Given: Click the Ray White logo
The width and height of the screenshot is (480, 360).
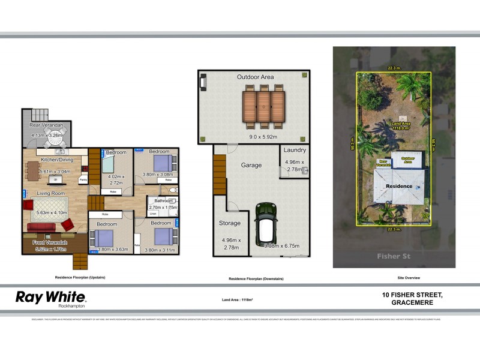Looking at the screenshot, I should point(51,298).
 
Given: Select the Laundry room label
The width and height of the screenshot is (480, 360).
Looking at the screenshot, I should point(295,150).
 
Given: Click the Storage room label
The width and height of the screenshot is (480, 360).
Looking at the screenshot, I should point(229,223).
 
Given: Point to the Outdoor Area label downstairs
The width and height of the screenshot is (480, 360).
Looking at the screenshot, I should point(255,77).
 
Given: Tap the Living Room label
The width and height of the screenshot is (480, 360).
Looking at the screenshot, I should point(50,193).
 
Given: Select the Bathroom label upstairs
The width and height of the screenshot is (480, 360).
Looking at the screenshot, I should point(164,200).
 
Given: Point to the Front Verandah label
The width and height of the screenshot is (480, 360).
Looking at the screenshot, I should point(50,243).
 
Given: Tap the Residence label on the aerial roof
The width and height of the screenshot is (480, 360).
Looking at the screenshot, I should point(399,186).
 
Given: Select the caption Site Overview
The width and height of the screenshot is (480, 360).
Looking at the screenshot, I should point(408,278).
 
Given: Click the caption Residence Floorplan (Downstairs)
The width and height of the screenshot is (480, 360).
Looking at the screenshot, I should point(256,279).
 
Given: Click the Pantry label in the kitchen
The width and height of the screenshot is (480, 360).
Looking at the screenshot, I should point(83,180).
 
